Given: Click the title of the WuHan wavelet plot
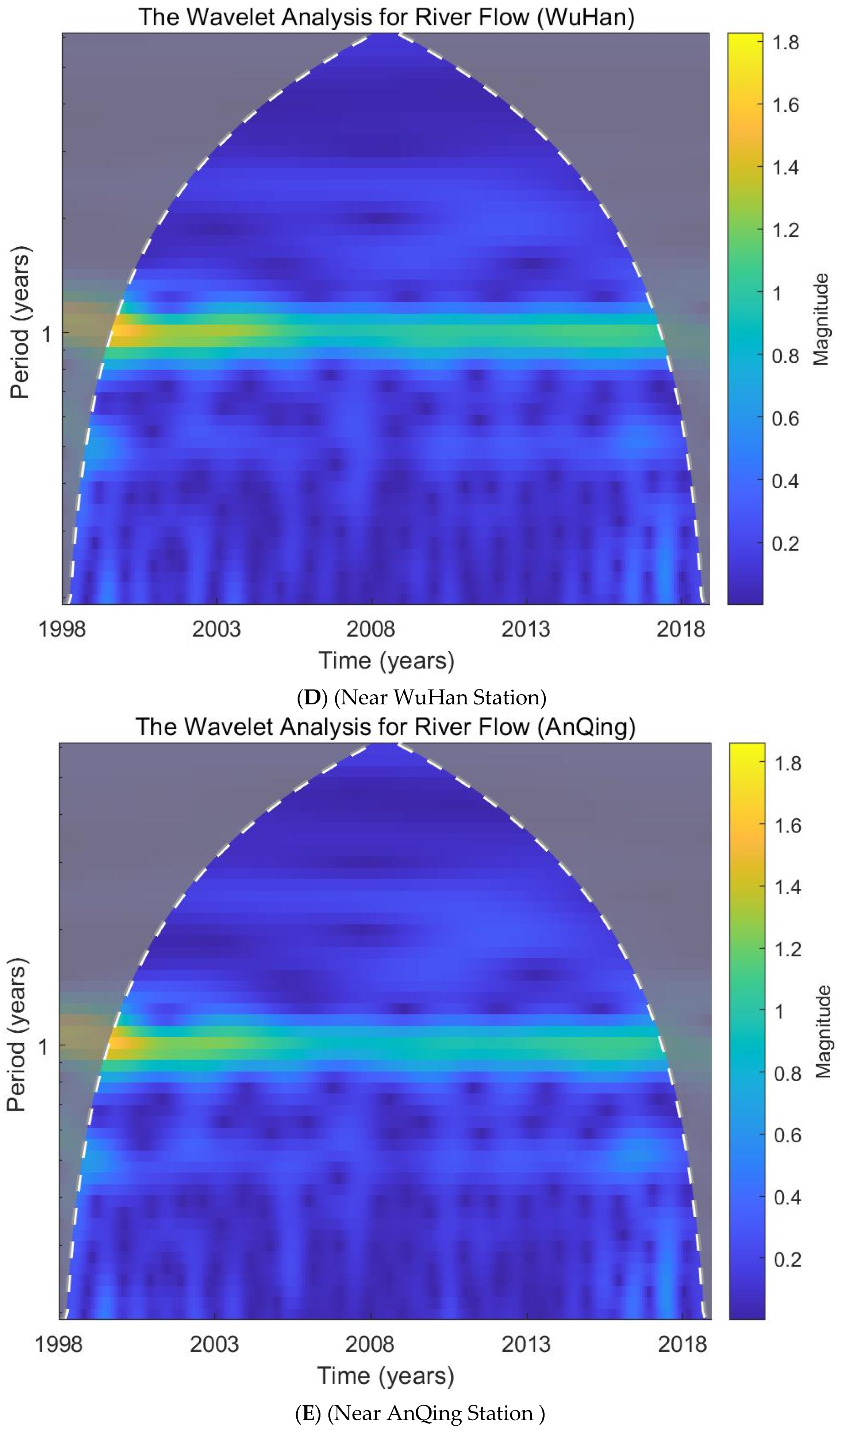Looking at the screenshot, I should point(387,17).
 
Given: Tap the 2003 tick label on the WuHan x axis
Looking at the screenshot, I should point(216,629).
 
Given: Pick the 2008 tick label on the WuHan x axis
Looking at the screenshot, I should point(371,629).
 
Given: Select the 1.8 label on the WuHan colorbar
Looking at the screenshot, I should point(785,43).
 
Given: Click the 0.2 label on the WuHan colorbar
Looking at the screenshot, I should point(785,543).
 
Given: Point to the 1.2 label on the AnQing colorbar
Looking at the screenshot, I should point(787,949).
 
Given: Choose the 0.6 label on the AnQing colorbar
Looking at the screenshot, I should point(787,1136).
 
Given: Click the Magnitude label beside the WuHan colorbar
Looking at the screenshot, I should point(820,318).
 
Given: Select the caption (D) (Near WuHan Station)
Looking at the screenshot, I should point(421,697).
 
